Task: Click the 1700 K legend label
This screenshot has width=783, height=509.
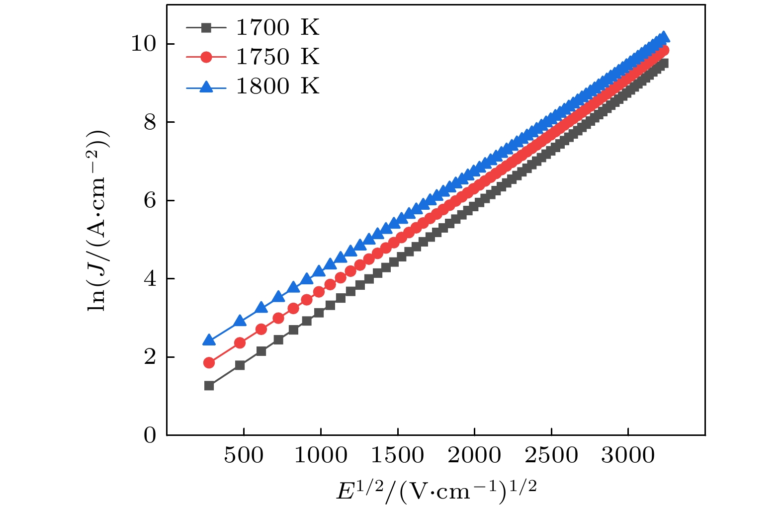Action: coord(277,28)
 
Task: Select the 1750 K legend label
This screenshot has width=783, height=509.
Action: coord(277,57)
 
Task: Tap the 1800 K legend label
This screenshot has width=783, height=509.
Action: coord(277,86)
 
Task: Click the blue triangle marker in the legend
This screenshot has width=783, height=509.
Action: coord(206,87)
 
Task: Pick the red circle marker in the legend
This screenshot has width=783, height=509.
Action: coord(206,58)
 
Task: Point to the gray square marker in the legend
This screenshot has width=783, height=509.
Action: coord(206,28)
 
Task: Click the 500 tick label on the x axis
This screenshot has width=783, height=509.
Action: coord(243,455)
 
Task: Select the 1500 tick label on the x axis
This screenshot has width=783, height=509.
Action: coord(397,455)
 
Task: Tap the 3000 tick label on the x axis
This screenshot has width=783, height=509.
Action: coord(628,455)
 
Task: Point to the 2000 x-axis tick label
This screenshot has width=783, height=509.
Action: coord(474,455)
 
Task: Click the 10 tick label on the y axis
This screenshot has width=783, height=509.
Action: coord(143,44)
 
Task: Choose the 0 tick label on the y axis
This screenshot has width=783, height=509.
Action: coord(150,435)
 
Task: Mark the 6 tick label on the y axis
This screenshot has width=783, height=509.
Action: coord(150,200)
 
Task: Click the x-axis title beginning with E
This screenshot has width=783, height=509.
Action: coord(436,491)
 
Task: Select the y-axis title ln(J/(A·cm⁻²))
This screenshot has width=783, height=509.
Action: coord(98,221)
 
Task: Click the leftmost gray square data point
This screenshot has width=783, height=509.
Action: coord(209,386)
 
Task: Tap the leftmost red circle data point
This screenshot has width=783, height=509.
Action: coord(209,363)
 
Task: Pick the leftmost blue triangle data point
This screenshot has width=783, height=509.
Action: coord(209,340)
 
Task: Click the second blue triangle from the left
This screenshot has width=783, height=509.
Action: coord(240,321)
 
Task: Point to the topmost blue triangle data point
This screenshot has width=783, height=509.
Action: coord(663,37)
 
